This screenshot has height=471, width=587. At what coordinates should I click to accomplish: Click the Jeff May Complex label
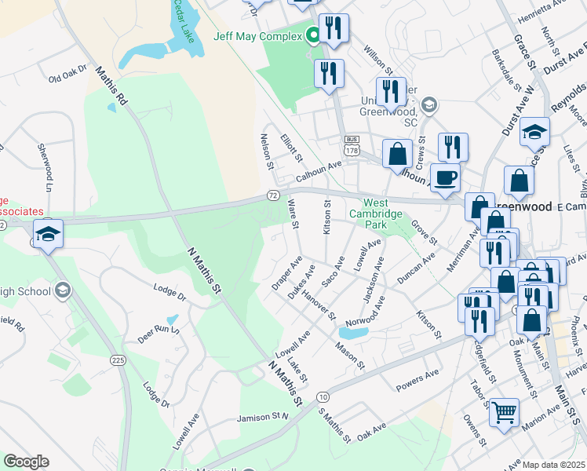257,35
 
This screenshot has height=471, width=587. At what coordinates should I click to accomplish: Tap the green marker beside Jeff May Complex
312,35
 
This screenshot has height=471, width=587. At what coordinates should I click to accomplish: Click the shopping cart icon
504,410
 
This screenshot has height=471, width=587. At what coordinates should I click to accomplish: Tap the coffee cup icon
445,177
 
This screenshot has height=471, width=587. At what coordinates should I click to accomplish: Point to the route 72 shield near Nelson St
272,194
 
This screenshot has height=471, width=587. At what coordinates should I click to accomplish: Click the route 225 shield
118,360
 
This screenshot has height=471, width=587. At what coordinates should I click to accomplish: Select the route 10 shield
323,397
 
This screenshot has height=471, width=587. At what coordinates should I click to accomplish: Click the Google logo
26,462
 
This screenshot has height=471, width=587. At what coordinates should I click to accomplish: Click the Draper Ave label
286,272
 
